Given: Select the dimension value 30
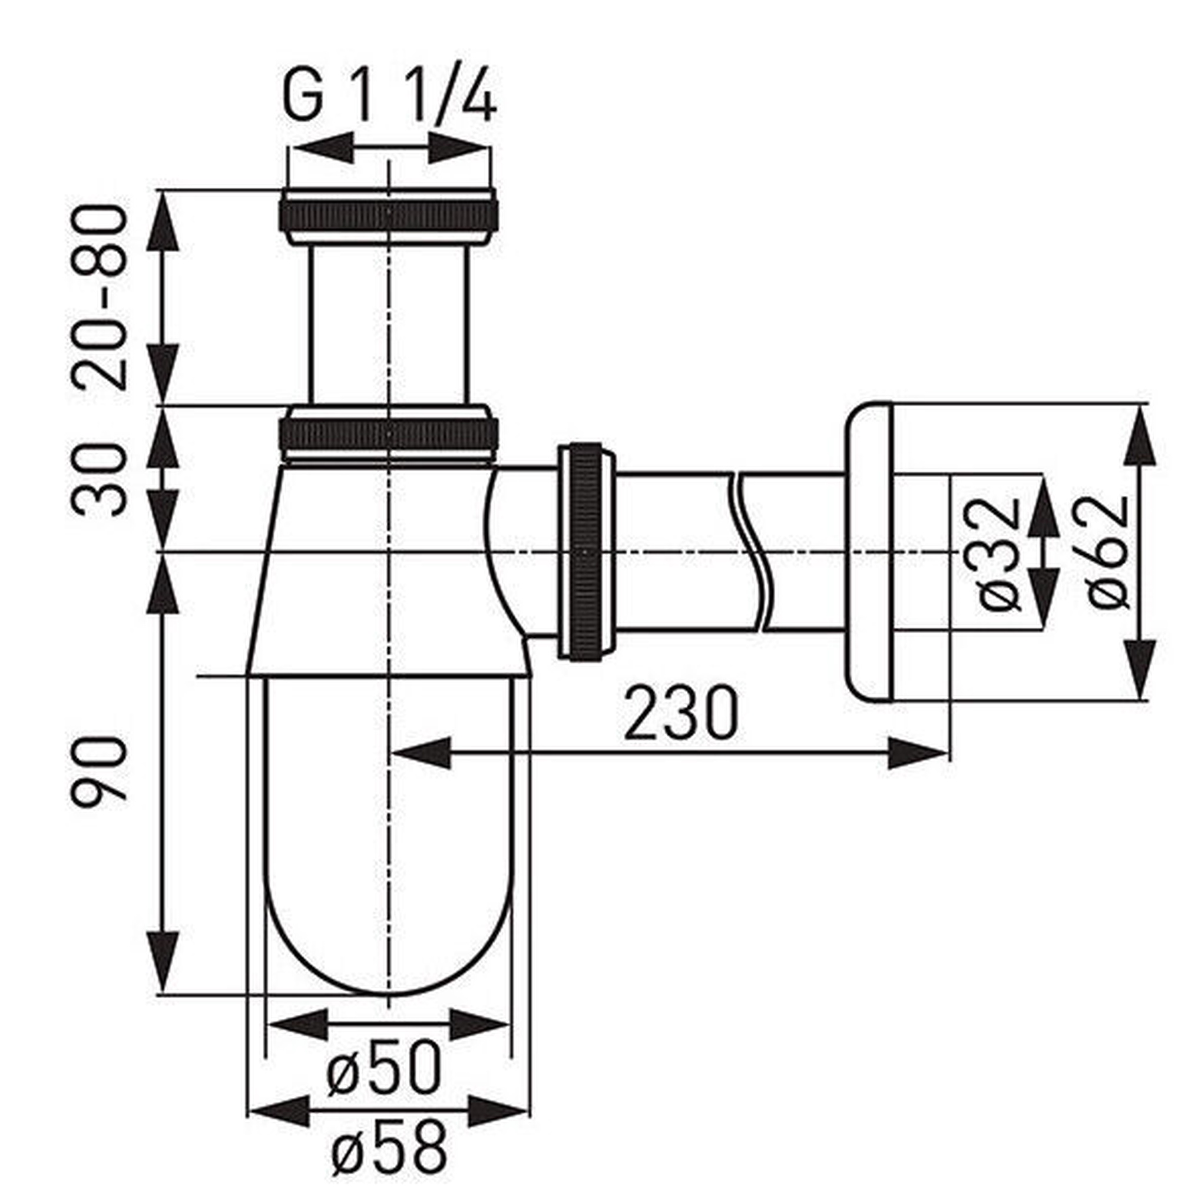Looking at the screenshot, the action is coord(99,479).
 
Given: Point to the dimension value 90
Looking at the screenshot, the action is coord(99,771).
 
